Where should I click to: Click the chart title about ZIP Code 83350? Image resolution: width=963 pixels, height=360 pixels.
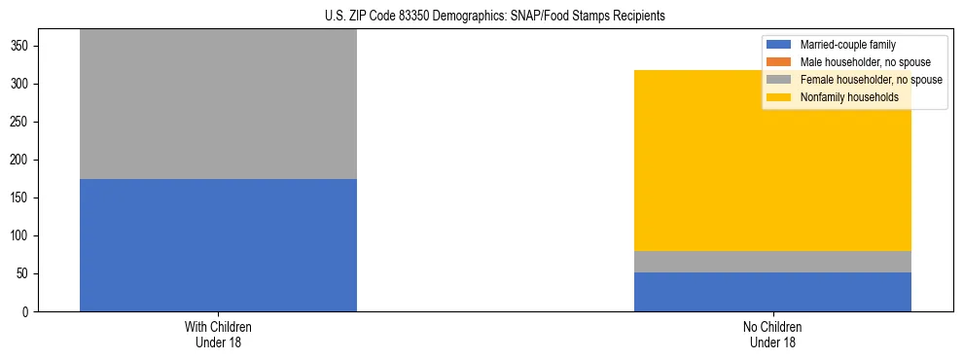click(x=494, y=17)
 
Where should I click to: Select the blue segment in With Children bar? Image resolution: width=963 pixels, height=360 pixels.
click(x=218, y=245)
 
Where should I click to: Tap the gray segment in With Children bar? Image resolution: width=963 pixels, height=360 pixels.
click(x=218, y=104)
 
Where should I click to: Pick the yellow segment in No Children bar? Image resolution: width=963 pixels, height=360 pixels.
click(x=772, y=161)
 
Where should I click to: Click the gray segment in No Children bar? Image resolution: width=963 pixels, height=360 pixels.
click(x=772, y=262)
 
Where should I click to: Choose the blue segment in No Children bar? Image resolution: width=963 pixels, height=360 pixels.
click(x=772, y=292)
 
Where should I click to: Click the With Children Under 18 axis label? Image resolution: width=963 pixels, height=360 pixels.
click(x=218, y=334)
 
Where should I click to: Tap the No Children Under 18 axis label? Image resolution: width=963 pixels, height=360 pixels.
click(x=772, y=334)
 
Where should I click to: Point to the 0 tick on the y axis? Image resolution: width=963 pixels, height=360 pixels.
click(x=28, y=312)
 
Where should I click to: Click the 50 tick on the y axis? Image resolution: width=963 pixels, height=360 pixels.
click(x=25, y=274)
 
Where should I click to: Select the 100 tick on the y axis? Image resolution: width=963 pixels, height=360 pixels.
click(x=22, y=236)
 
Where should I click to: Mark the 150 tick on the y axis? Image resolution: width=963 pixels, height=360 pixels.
click(x=22, y=198)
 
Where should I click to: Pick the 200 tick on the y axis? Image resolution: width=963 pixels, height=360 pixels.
click(x=22, y=161)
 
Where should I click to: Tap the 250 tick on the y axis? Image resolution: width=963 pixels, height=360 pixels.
click(x=22, y=123)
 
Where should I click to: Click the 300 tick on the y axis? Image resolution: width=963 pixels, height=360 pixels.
click(x=22, y=85)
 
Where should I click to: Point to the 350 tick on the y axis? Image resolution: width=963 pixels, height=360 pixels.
click(x=22, y=47)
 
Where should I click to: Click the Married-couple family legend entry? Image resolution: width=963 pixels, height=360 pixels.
click(x=847, y=45)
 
